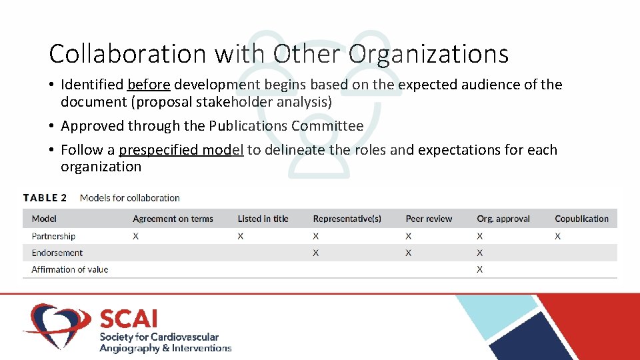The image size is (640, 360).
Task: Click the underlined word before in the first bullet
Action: tap(149, 85)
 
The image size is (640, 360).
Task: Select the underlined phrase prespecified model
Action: tap(181, 150)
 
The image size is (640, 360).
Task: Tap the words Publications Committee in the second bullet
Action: tap(286, 126)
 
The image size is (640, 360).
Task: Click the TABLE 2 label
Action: tap(45, 198)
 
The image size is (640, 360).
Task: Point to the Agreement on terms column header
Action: tap(173, 219)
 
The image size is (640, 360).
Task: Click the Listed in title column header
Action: tap(263, 219)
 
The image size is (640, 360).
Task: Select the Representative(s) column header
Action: tap(347, 219)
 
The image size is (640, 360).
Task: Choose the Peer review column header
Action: tap(429, 219)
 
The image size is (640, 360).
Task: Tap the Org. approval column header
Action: tap(503, 219)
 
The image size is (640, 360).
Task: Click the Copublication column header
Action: tap(581, 219)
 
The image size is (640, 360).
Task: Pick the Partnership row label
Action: tap(53, 236)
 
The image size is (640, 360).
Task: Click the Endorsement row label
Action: tap(57, 253)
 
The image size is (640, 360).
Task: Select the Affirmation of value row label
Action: tap(69, 269)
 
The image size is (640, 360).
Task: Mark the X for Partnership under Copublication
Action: tap(557, 236)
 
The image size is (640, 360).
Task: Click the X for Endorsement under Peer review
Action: tap(408, 253)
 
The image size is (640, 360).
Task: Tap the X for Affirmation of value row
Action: tap(480, 269)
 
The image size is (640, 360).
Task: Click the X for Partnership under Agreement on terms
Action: tap(135, 236)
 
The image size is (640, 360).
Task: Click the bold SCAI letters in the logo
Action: tap(128, 319)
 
